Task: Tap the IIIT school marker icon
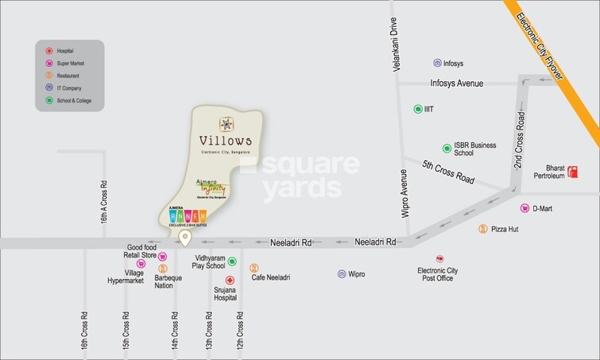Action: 417,109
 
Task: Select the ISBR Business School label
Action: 474,150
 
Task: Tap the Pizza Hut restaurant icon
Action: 482,229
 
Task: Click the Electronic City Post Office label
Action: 439,275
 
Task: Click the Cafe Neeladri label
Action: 270,277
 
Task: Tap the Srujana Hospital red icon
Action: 230,281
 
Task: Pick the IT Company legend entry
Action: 64,87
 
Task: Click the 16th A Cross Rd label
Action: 104,203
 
